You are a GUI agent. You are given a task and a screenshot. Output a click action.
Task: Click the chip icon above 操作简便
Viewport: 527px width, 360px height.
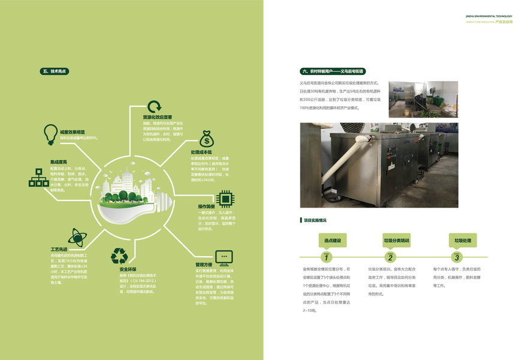[x=224, y=197]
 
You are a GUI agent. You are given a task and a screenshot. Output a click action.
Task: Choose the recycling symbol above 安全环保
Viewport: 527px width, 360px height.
[x=119, y=256]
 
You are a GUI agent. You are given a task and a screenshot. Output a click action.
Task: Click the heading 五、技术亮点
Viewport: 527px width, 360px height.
[x=55, y=71]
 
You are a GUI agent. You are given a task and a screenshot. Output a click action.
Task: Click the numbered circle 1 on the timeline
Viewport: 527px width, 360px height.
[x=327, y=257]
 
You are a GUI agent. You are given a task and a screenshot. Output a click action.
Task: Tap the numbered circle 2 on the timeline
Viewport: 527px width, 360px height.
[x=390, y=257]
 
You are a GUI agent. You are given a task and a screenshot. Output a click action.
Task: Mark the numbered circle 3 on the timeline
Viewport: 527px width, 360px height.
[x=457, y=257]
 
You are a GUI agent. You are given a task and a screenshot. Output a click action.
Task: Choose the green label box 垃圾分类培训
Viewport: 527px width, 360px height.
[x=396, y=241]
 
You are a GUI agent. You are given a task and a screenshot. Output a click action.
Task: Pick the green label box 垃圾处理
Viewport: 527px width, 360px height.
[x=463, y=241]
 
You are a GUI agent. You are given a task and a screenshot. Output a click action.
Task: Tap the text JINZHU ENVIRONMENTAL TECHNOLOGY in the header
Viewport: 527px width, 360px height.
[x=489, y=16]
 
